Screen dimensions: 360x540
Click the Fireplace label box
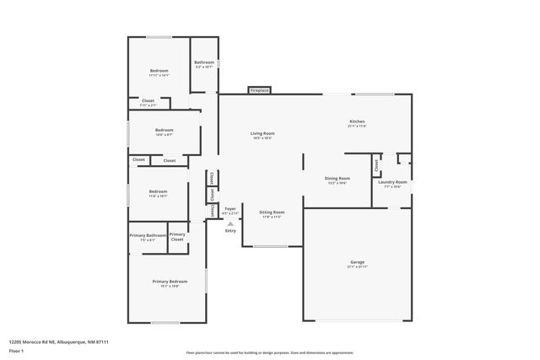point(258,90)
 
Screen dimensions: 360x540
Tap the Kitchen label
point(358,121)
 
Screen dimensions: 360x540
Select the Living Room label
point(262,133)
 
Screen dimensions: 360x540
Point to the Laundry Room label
point(392,182)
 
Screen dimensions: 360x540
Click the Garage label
point(358,262)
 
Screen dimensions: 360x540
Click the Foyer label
point(229,208)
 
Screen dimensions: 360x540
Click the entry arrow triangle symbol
point(230,223)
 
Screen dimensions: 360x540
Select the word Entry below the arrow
point(230,231)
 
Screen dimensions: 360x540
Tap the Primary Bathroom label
point(148,235)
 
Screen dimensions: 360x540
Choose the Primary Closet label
point(177,237)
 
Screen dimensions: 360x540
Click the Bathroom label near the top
point(204,62)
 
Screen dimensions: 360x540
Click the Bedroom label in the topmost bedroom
point(159,70)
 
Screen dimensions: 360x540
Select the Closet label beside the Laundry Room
point(376,167)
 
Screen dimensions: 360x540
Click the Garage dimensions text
point(358,267)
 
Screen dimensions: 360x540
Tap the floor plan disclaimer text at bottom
point(269,353)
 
